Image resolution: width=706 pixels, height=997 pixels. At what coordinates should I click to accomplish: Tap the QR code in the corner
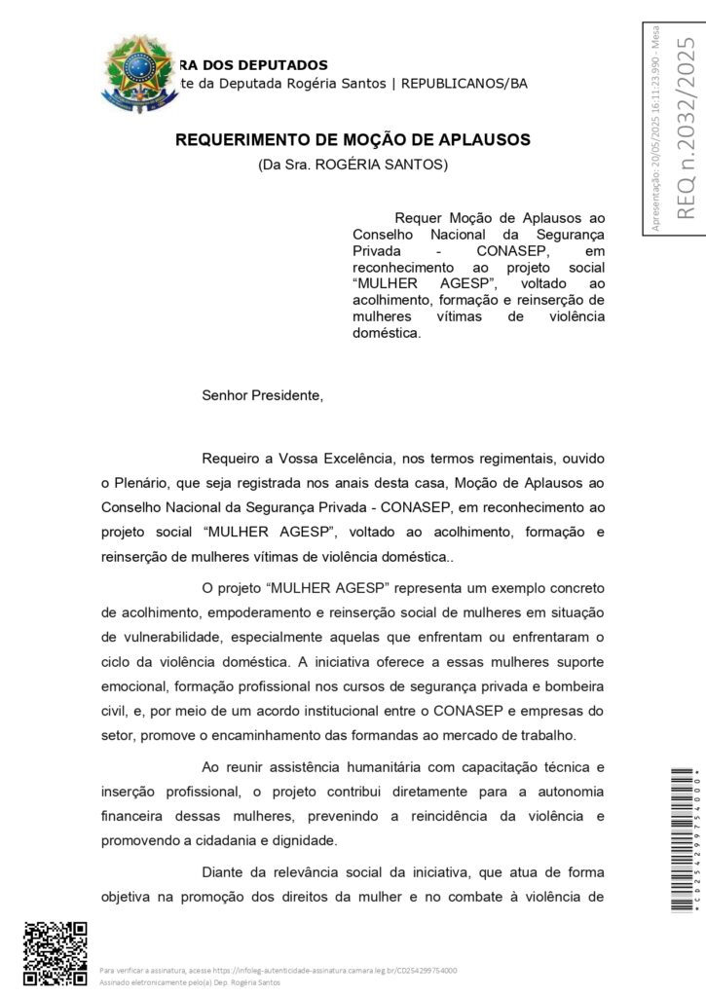point(56,954)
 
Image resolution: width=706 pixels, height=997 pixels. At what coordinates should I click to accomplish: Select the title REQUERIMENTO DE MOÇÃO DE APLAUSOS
point(353,140)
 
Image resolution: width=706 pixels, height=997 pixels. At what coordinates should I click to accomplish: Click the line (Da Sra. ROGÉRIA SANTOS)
point(353,166)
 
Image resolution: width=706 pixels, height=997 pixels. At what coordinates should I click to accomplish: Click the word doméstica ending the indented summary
point(387,332)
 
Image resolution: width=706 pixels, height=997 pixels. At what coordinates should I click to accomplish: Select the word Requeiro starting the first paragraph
point(231,458)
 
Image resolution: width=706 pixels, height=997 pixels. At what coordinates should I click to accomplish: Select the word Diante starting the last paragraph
point(223,872)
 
